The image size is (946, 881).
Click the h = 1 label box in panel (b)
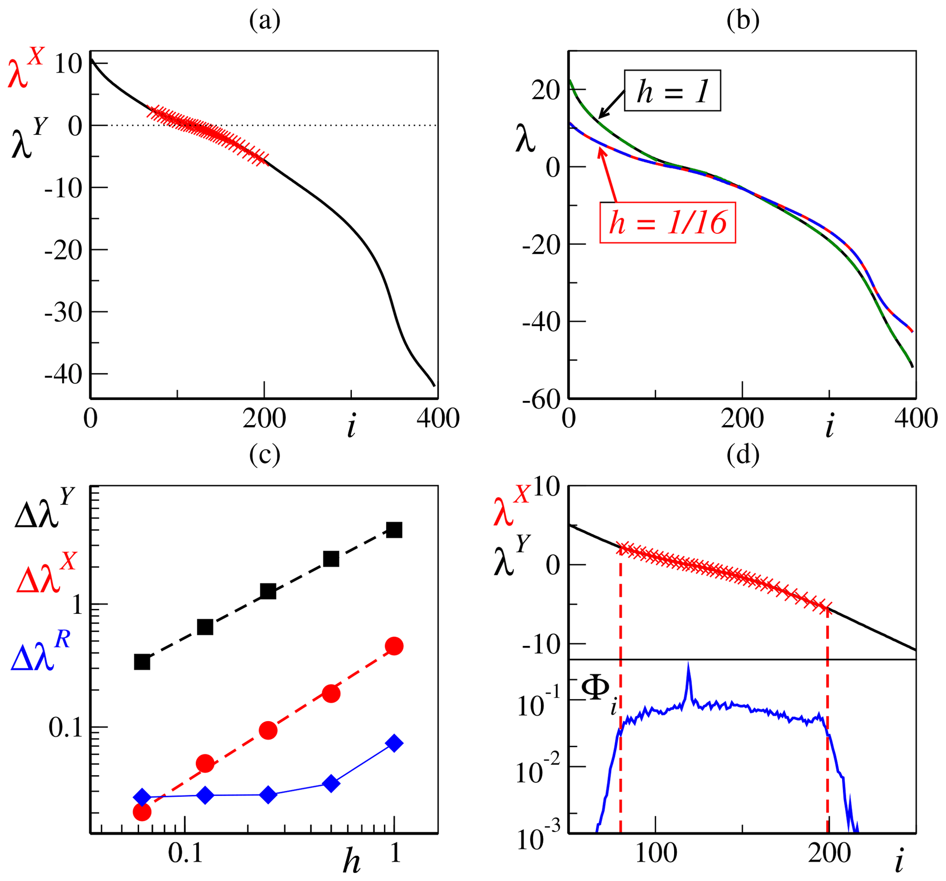672,90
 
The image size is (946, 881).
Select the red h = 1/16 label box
668,223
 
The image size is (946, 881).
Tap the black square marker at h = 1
395,530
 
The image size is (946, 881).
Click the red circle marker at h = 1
395,646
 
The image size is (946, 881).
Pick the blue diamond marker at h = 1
395,743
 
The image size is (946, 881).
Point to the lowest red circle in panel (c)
142,811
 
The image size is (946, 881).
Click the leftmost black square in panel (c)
142,662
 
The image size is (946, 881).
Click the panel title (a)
265,21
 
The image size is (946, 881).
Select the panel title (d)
743,455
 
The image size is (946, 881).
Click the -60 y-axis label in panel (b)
541,399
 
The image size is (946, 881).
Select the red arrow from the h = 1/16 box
609,176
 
